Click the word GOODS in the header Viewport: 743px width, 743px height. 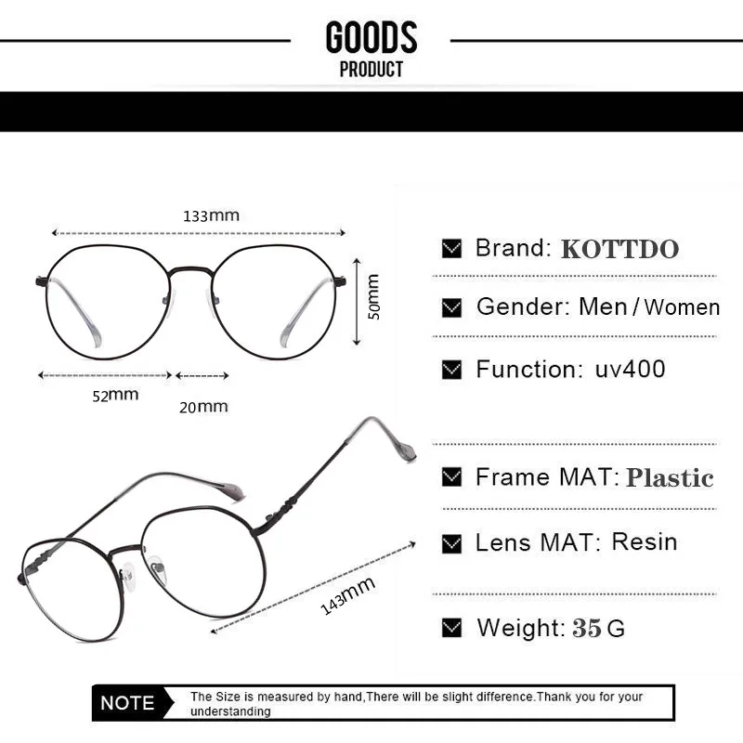tap(371, 38)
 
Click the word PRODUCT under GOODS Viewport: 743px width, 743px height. tap(371, 70)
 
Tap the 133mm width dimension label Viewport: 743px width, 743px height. tap(211, 215)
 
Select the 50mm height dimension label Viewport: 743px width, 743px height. tap(373, 296)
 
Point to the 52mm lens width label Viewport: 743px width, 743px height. tap(115, 395)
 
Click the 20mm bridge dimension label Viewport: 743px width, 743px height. tap(203, 406)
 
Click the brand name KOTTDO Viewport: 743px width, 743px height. tap(619, 249)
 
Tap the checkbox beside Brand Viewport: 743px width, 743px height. tap(452, 249)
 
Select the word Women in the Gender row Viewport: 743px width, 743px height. tap(682, 307)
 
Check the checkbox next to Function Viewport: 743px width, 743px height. tap(452, 370)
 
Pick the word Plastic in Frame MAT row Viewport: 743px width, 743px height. tap(669, 478)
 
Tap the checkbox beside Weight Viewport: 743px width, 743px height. tap(452, 628)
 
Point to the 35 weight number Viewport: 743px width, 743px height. tap(587, 628)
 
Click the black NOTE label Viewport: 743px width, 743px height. tap(127, 703)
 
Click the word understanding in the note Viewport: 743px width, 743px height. tap(230, 711)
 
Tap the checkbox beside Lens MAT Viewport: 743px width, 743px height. tap(452, 542)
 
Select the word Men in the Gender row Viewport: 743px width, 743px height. tap(603, 306)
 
